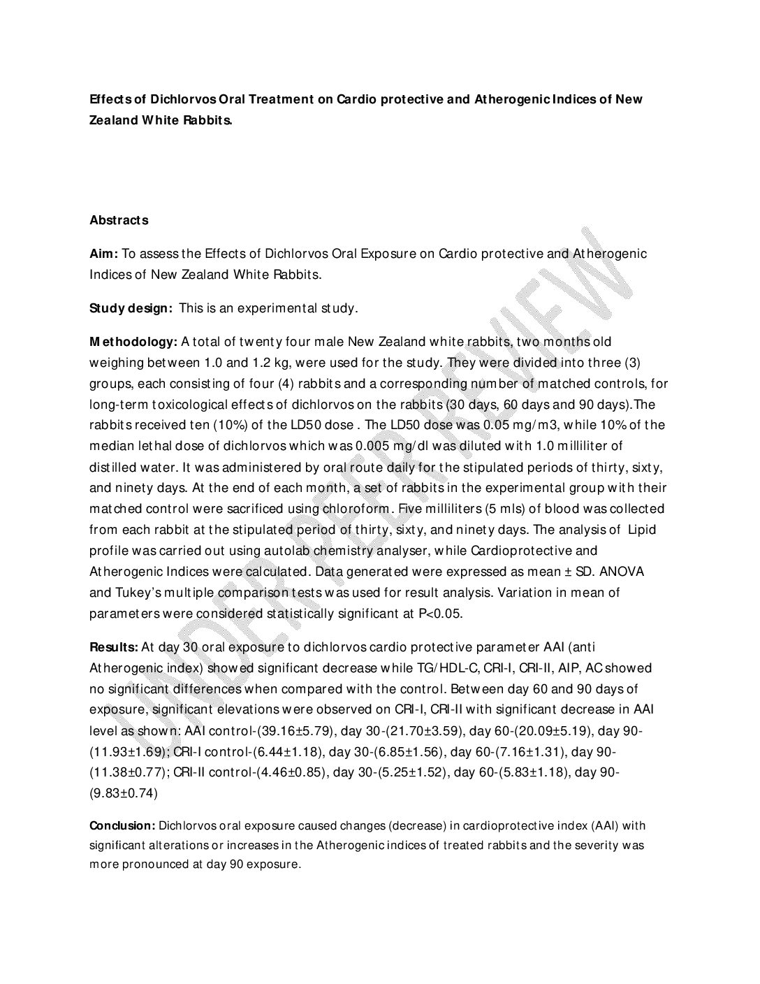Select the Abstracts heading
pyautogui.click(x=119, y=220)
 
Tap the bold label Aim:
pyautogui.click(x=104, y=254)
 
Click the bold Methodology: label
pyautogui.click(x=133, y=342)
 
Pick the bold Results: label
pyautogui.click(x=113, y=646)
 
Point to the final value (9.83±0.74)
pyautogui.click(x=124, y=793)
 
